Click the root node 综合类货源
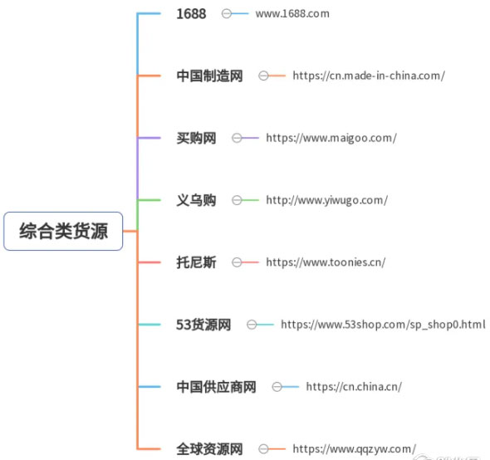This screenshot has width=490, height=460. [63, 231]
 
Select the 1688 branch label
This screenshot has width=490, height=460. [191, 14]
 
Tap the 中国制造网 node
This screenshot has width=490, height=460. [209, 76]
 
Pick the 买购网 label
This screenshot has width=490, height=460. [196, 138]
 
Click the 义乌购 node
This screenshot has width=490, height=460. [196, 200]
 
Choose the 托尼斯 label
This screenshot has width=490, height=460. [196, 262]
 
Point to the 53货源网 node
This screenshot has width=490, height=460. [203, 325]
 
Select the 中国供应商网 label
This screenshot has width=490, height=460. [216, 387]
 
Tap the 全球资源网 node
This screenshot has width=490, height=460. [209, 449]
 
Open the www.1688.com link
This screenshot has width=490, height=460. [292, 14]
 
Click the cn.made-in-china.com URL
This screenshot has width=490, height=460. [369, 76]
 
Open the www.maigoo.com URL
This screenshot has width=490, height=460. [331, 138]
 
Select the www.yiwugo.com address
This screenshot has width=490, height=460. [327, 200]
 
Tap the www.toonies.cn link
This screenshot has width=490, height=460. [326, 262]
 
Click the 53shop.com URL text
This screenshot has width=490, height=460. [383, 325]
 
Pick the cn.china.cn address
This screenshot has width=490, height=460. [354, 387]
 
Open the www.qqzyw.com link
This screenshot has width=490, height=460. [355, 449]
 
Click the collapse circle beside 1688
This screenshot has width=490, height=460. [227, 14]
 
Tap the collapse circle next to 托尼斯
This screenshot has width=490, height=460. [237, 262]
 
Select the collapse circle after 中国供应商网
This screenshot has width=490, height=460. [277, 387]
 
